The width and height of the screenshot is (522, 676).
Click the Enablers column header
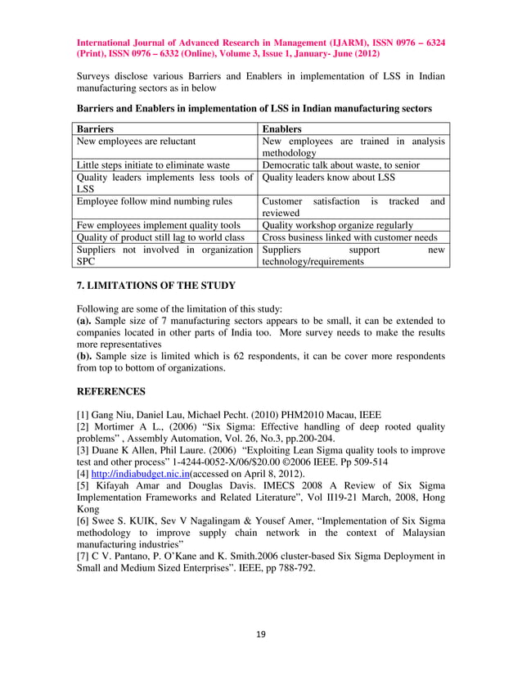point(282,129)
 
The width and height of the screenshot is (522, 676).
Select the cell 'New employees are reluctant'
point(136,142)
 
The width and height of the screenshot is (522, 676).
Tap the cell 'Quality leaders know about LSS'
point(328,177)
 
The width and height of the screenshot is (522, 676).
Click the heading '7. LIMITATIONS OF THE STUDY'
point(155,286)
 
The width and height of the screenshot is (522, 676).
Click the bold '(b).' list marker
point(88,356)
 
